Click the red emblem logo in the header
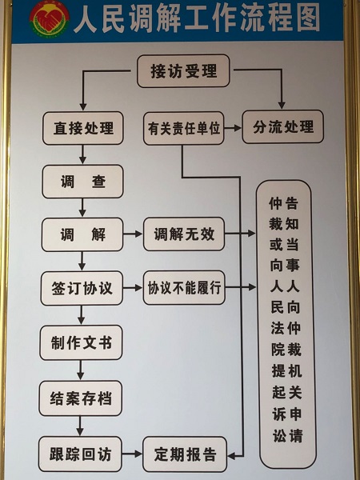click(50, 18)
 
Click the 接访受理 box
click(183, 71)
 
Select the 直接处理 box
click(83, 128)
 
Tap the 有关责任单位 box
click(184, 128)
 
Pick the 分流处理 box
click(283, 126)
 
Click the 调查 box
click(82, 182)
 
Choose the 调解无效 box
click(184, 234)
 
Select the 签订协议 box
click(82, 288)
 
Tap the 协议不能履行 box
click(184, 287)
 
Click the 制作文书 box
click(81, 342)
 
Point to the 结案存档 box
click(81, 398)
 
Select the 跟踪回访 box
click(80, 454)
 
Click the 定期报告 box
click(185, 454)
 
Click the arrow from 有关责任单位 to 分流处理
click(233, 128)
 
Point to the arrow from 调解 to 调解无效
click(133, 234)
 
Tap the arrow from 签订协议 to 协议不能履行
click(133, 288)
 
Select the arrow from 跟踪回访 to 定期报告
click(132, 454)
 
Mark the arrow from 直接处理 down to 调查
click(82, 154)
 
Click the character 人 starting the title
click(86, 19)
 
